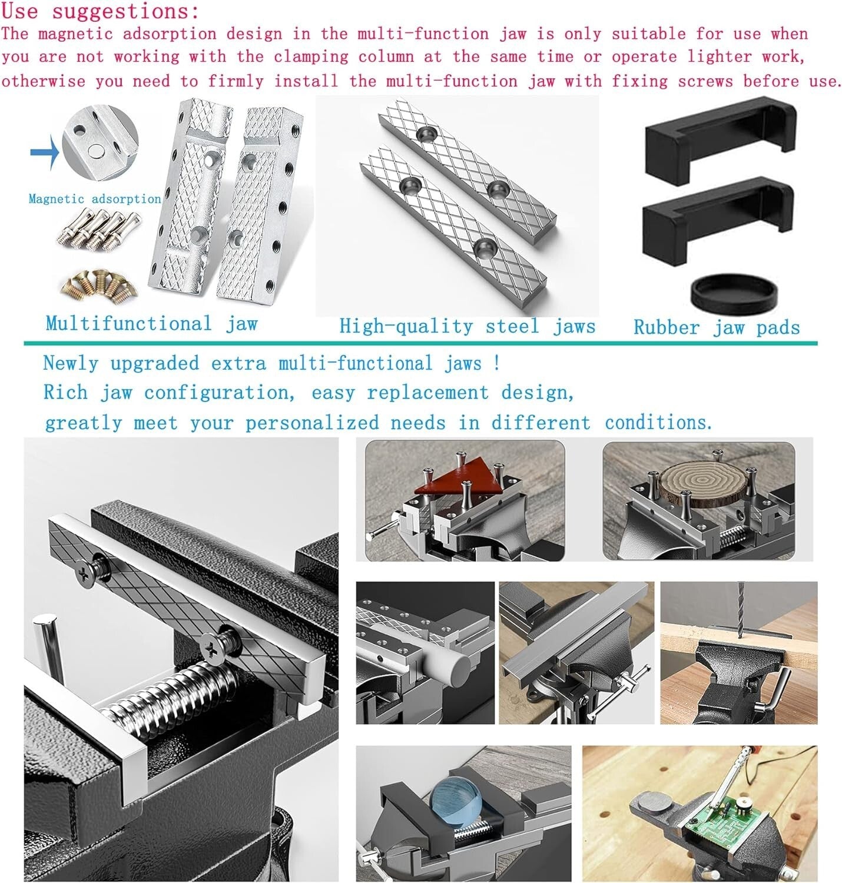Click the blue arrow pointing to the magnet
45,152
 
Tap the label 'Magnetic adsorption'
95,199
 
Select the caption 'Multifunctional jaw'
151,324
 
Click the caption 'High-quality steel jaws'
467,326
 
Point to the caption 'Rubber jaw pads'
717,327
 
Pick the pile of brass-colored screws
99,284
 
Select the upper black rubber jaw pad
720,140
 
